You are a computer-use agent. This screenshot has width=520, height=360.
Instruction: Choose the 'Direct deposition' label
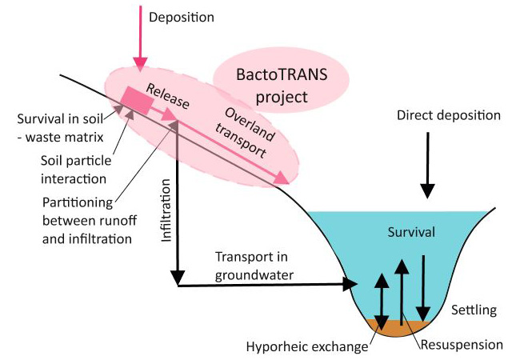448,116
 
